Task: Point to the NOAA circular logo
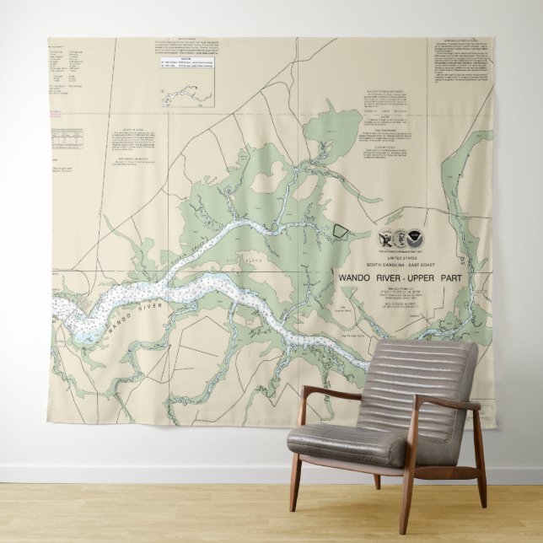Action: coord(414,240)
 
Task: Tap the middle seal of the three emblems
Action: coord(399,240)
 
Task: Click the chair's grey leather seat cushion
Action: coord(350,441)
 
